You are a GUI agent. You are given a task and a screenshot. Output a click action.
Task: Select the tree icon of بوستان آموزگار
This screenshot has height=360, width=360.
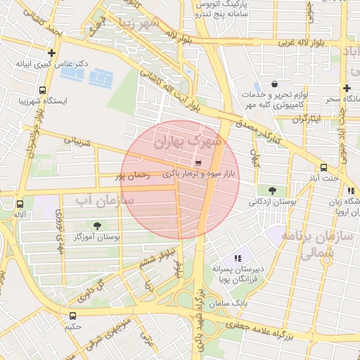pos(97,226)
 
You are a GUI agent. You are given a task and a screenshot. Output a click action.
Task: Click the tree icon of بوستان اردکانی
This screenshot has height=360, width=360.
pos(272,190)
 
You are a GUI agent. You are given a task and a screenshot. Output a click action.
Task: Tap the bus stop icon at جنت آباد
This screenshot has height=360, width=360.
pos(323,168)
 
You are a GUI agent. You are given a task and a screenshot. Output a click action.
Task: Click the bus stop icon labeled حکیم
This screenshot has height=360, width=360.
pos(73,315)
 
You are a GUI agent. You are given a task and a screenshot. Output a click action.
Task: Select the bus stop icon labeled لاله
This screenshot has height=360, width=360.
pos(19,205)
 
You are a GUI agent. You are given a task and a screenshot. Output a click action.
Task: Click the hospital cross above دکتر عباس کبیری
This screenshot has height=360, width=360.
pos(51,53)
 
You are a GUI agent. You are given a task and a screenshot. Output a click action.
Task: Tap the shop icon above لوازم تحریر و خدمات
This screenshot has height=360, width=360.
pos(274,84)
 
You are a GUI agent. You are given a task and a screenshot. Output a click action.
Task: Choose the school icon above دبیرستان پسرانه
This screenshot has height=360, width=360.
pos(238,258)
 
